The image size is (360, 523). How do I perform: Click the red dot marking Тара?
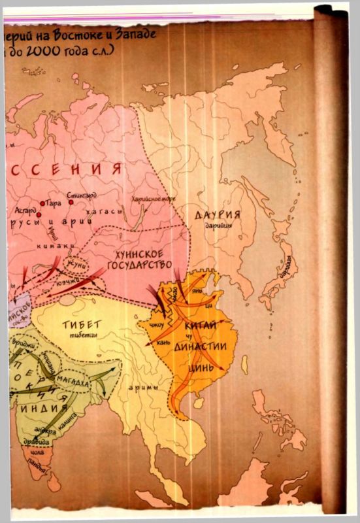tap(43, 203)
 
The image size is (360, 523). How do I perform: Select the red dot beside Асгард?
tap(39, 214)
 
